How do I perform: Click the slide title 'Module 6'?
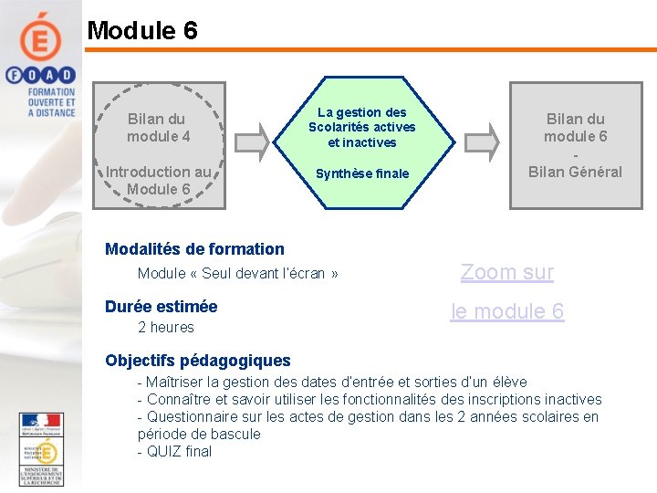click(x=141, y=30)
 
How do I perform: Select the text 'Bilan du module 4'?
click(x=158, y=127)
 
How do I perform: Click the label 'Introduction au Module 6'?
click(x=158, y=180)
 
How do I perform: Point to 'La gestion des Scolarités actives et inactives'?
click(x=361, y=127)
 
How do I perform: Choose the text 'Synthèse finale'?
click(x=361, y=173)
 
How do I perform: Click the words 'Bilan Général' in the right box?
click(x=575, y=172)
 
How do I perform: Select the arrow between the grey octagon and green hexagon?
click(x=260, y=139)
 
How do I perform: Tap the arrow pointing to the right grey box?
click(x=489, y=139)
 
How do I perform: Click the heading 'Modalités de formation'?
click(x=194, y=248)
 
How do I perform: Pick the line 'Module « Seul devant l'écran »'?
click(x=237, y=273)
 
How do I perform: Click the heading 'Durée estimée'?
click(x=161, y=306)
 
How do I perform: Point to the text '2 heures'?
click(x=165, y=327)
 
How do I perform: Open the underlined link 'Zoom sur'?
click(x=506, y=271)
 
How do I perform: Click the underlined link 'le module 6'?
click(x=507, y=311)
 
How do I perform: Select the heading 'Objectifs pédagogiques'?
click(x=197, y=360)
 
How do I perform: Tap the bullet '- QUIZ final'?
click(x=174, y=451)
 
